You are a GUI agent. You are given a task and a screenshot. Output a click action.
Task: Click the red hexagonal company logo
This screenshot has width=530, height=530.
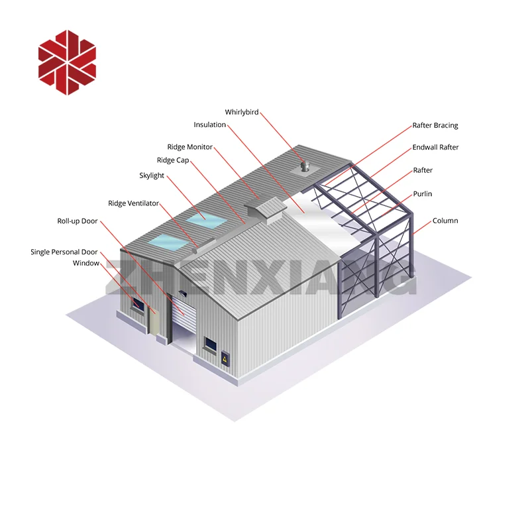point(67,62)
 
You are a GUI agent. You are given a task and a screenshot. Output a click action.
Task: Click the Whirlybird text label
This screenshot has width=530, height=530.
point(241,113)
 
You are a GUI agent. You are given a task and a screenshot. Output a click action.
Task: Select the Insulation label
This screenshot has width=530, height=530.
point(210,125)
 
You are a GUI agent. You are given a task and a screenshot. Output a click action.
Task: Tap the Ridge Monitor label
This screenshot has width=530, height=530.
point(189,147)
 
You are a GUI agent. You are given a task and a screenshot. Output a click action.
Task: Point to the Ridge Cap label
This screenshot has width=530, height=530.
point(172,160)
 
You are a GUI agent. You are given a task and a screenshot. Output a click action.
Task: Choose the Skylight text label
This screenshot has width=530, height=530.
point(152,176)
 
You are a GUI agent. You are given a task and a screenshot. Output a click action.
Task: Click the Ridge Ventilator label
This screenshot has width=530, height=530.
point(133,203)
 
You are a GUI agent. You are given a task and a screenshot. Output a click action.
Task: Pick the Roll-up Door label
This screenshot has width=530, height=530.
point(78,221)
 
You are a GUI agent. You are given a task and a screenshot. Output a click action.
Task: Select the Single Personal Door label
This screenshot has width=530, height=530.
point(64,252)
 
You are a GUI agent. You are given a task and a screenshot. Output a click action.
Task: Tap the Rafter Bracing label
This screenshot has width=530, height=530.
point(435,125)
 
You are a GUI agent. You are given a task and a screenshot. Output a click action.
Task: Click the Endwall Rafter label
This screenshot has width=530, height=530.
point(435,147)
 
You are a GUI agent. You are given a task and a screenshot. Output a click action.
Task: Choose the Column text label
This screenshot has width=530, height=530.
point(445,221)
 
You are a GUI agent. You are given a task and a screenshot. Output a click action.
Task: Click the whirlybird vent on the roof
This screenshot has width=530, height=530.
point(305,166)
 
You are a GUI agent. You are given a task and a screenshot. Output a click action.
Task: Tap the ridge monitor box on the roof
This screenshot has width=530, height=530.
point(265,208)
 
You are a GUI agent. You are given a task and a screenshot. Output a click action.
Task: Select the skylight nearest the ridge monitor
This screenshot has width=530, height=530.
point(204,217)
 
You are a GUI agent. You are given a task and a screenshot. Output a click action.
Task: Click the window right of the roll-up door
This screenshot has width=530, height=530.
point(210,344)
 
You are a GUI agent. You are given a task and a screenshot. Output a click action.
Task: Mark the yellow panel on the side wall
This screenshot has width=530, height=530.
point(227,358)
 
